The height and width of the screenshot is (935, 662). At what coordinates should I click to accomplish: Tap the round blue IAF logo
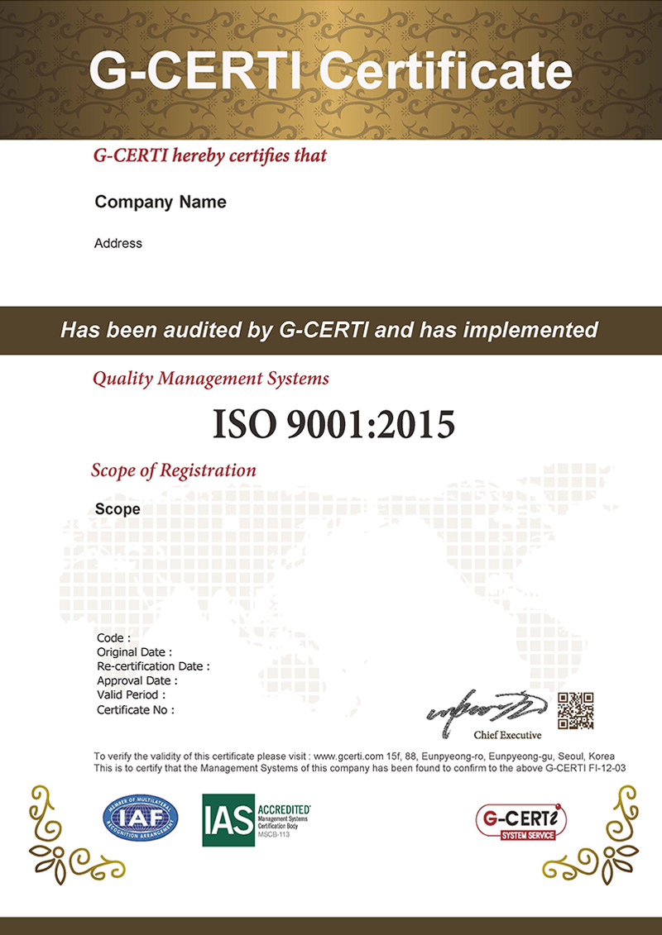coord(139,818)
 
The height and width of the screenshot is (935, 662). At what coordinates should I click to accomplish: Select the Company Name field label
coord(161,202)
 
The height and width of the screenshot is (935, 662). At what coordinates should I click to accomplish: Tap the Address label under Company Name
coord(118,243)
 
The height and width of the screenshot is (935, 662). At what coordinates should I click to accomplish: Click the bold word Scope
coord(118,509)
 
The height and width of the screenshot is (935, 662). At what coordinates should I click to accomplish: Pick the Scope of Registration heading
coord(173,470)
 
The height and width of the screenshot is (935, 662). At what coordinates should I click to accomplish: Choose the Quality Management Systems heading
coord(211,379)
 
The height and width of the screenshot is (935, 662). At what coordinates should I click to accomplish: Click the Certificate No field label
coord(135,709)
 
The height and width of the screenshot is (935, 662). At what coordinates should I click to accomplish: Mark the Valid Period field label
coord(132,695)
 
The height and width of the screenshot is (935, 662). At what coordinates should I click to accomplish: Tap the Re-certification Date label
coord(153,666)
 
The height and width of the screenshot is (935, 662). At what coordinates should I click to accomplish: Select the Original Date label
coord(134,652)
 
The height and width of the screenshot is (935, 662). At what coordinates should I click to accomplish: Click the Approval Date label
coord(137,680)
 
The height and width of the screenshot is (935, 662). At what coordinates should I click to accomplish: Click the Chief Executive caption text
coord(507,735)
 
